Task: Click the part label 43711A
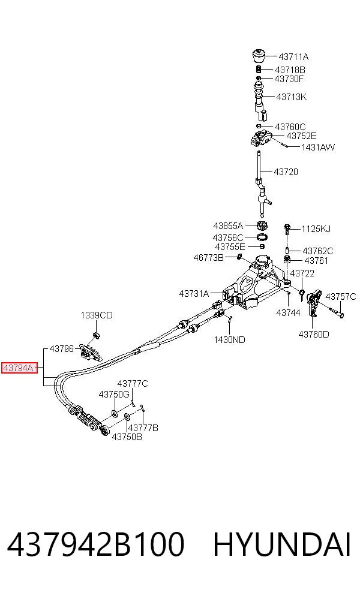(293, 57)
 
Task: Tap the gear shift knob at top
(259, 55)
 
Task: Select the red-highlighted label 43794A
(20, 368)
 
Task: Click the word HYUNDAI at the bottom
(282, 544)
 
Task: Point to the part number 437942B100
(95, 544)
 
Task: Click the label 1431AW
(318, 147)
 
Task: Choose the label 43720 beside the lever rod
(286, 172)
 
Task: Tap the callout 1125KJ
(316, 229)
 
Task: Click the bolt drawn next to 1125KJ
(287, 229)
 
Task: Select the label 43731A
(194, 293)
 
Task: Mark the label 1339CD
(97, 315)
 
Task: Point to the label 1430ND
(229, 340)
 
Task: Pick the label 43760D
(314, 334)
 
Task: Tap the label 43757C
(340, 297)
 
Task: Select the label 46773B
(208, 258)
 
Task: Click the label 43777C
(133, 383)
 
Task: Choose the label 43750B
(127, 437)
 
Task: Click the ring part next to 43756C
(262, 237)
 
